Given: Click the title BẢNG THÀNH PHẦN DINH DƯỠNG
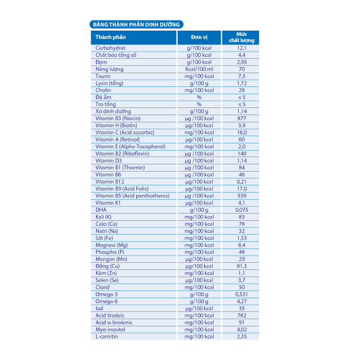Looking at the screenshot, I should pos(135,25).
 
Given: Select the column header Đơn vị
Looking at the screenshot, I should pos(199,37).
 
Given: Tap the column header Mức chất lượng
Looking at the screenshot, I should pos(241,37).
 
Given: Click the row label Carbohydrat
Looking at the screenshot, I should pos(110,47).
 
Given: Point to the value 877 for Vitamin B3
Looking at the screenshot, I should pos(241,118).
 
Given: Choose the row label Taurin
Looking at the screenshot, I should pos(103,76).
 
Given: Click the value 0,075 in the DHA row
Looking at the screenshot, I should pos(241,210).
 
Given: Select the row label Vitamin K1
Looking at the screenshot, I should pos(108,203).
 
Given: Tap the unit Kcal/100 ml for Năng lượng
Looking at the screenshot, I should pos(199,69).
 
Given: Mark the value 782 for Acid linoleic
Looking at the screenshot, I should pos(241,316).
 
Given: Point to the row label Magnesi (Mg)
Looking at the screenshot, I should pos(112,245).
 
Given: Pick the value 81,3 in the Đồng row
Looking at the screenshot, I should pos(241,266).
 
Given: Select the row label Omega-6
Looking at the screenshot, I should pos(107,301).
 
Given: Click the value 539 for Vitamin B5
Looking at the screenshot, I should pos(241,196).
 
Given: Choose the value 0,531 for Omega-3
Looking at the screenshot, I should pos(241,294).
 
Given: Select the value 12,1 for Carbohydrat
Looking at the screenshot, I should pos(241,47).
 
